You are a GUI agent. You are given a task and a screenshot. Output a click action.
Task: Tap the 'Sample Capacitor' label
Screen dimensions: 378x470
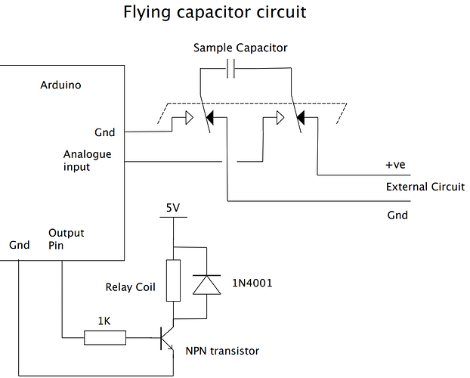click(240, 48)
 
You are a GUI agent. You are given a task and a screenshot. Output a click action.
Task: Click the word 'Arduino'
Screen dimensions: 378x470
click(60, 85)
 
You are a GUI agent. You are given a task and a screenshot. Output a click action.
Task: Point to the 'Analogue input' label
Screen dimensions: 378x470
click(87, 160)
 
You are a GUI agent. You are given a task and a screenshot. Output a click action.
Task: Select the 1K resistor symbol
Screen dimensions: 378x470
click(106, 339)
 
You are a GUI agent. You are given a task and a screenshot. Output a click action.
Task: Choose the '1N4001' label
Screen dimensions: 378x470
click(253, 283)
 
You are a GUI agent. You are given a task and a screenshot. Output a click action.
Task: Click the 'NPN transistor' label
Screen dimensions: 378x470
click(223, 351)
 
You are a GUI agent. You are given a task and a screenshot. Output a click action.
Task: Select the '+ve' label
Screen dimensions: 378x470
click(397, 165)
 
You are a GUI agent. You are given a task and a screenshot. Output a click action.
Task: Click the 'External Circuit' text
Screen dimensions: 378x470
click(425, 187)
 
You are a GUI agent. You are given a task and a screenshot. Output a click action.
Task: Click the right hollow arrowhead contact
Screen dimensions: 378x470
click(280, 118)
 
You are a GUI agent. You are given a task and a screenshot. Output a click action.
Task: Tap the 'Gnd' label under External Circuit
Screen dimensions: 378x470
click(397, 215)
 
